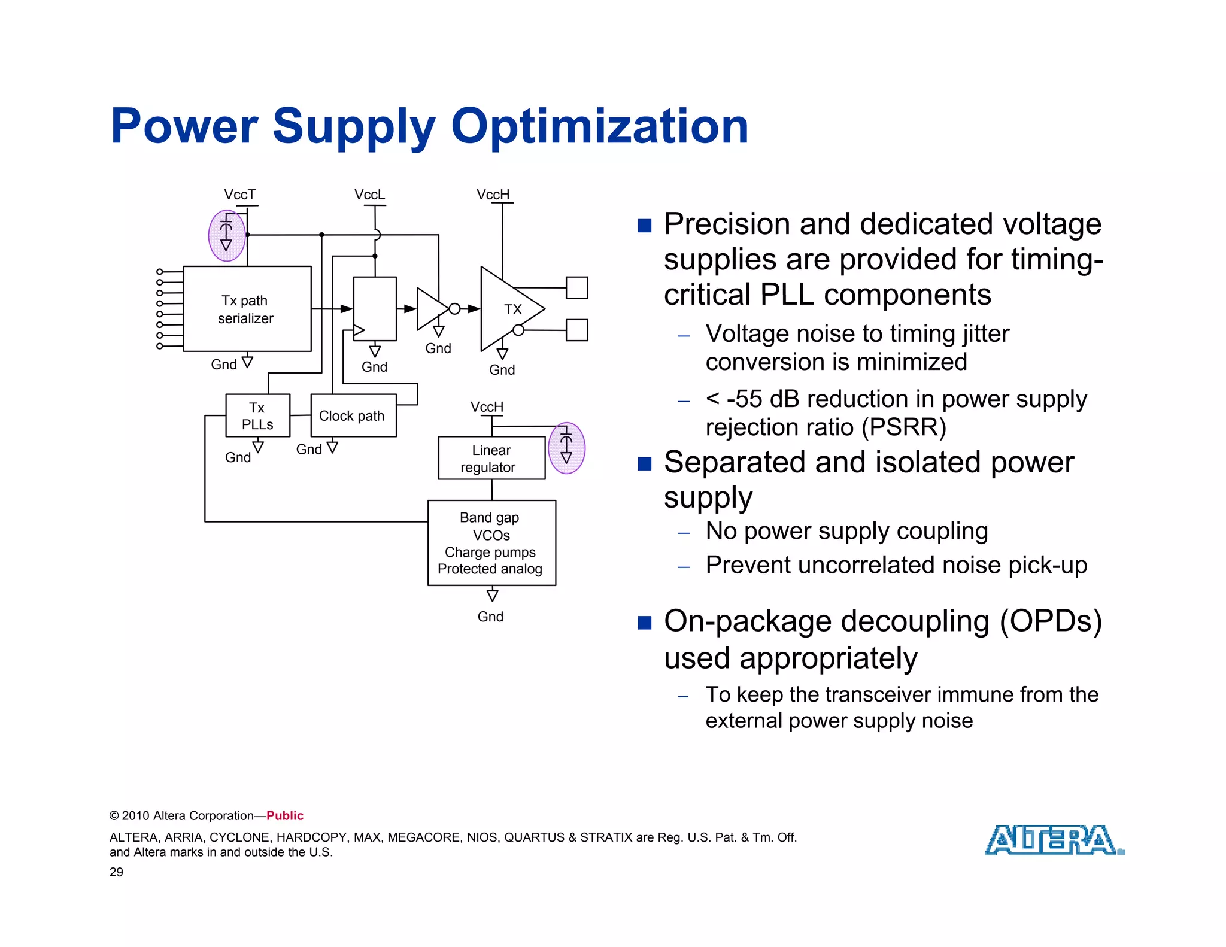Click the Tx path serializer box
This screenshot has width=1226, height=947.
click(247, 309)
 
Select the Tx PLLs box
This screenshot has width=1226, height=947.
click(257, 415)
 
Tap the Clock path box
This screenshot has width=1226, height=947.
click(353, 415)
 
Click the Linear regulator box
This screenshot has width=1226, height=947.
click(491, 458)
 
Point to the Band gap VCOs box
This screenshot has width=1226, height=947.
click(491, 542)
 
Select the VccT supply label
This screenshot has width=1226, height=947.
click(239, 195)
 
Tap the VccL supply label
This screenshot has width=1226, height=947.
click(369, 195)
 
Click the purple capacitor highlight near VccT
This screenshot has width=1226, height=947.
click(226, 235)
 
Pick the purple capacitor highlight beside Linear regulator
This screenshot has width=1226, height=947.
click(566, 448)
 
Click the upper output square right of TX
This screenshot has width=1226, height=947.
click(576, 287)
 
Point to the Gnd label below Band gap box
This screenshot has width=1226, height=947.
click(490, 617)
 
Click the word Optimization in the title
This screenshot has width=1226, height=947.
click(599, 126)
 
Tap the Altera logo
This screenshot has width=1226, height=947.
click(1054, 840)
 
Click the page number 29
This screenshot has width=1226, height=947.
click(116, 872)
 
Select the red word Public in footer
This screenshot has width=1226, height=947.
click(285, 815)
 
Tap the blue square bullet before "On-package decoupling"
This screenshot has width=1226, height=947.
click(644, 623)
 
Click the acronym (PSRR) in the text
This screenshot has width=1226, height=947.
click(904, 427)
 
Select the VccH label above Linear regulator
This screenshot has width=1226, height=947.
click(487, 407)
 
